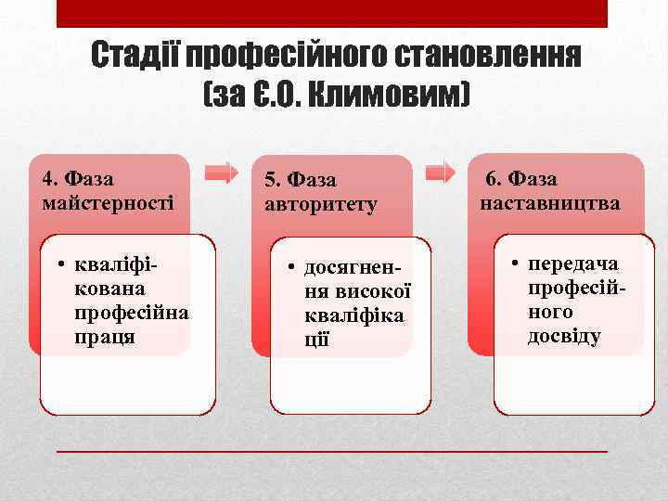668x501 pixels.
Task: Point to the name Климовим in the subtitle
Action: [x=389, y=93]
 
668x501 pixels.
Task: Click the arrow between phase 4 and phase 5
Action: [x=221, y=172]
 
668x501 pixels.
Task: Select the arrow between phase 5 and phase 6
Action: [x=441, y=172]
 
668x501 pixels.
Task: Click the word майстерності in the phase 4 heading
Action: [x=108, y=200]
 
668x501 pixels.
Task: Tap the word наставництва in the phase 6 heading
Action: [x=550, y=202]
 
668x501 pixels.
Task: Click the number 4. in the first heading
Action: [x=50, y=177]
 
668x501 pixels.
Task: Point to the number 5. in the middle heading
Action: [x=273, y=180]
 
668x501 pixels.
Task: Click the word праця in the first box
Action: [x=104, y=336]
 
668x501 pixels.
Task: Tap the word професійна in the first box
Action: [x=131, y=313]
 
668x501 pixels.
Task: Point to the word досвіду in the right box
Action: [x=564, y=336]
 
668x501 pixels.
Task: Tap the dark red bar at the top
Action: [x=332, y=13]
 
